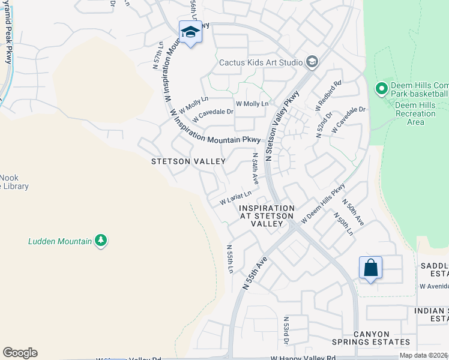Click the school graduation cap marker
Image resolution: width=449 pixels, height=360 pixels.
pyautogui.click(x=190, y=32)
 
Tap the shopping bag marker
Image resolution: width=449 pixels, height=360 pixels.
pyautogui.click(x=370, y=268)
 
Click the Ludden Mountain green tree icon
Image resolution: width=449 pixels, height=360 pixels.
pyautogui.click(x=101, y=241)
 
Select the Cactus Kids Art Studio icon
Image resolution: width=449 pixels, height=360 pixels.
pyautogui.click(x=312, y=62)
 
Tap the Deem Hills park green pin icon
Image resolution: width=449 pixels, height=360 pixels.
pyautogui.click(x=381, y=89)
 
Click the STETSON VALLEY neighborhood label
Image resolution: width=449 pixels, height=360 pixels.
pyautogui.click(x=188, y=161)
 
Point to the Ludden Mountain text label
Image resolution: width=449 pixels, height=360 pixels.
pyautogui.click(x=60, y=242)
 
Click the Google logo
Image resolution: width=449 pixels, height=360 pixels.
pyautogui.click(x=20, y=353)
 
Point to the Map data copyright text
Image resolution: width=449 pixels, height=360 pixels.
pyautogui.click(x=424, y=355)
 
